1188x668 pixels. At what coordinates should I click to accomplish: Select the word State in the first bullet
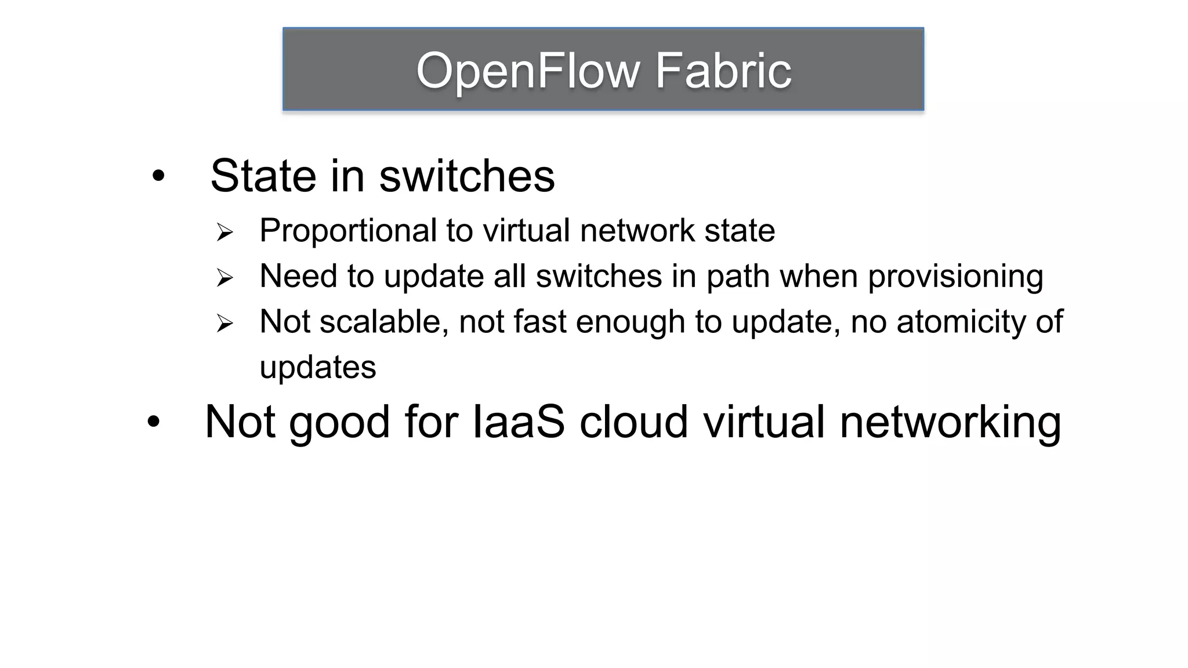coord(263,176)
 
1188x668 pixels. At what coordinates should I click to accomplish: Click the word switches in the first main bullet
coord(467,176)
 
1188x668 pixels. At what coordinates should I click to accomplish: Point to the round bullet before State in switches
coord(158,176)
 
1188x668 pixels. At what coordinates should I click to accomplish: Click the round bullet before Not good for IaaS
coord(153,422)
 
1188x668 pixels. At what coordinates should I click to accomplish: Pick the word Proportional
coord(347,231)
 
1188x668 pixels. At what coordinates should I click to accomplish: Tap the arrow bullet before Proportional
coord(224,232)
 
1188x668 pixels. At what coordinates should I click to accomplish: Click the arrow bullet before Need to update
coord(224,277)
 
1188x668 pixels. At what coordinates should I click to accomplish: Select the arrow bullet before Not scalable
coord(224,323)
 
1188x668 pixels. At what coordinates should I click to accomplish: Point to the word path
coord(738,277)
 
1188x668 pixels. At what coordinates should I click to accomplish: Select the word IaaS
coord(519,422)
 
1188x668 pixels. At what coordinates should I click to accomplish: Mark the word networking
coord(950,422)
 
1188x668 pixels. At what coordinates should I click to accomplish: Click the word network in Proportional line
coord(637,231)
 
